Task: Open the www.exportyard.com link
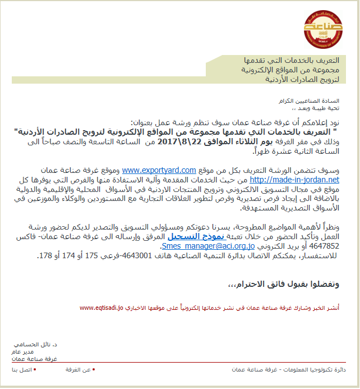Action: [x=159, y=170]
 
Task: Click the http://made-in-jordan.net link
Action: [x=294, y=180]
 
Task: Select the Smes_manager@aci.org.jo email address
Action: [x=208, y=246]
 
